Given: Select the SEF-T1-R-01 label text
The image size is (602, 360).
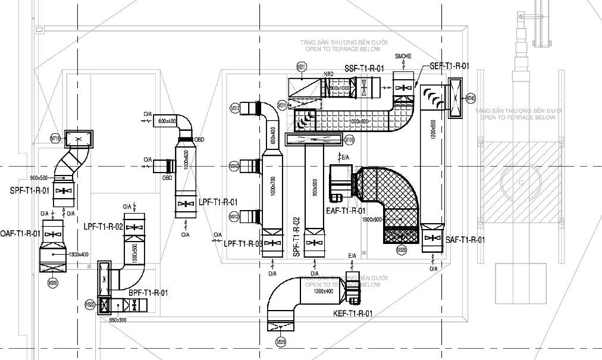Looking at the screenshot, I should pos(449,66).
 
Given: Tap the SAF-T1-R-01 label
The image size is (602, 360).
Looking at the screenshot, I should pos(465,240).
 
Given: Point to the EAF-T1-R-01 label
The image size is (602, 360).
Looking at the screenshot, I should pos(346,210).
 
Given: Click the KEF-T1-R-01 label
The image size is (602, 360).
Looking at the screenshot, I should pos(353,313).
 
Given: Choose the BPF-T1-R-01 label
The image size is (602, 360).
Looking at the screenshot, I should pos(148,293).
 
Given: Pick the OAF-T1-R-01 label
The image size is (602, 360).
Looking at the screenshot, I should pos(20,233).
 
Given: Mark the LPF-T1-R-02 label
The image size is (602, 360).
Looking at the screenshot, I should pos(104,227).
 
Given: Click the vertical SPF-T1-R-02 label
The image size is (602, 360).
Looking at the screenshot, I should pos(296,237).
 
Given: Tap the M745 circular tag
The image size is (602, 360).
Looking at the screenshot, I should pos(471,98).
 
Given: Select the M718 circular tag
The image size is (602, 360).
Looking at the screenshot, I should pos(55,139).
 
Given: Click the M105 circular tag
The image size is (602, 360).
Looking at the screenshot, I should pos(350,140).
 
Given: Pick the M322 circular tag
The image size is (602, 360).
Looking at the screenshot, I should pos(90,304).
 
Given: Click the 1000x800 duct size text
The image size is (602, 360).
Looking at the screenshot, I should pos(359,121).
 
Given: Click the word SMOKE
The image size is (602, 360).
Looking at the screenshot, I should pos(403,56).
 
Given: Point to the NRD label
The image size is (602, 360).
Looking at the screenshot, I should pos(328,74).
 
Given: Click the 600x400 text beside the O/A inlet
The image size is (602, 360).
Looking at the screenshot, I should pos(167,121).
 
